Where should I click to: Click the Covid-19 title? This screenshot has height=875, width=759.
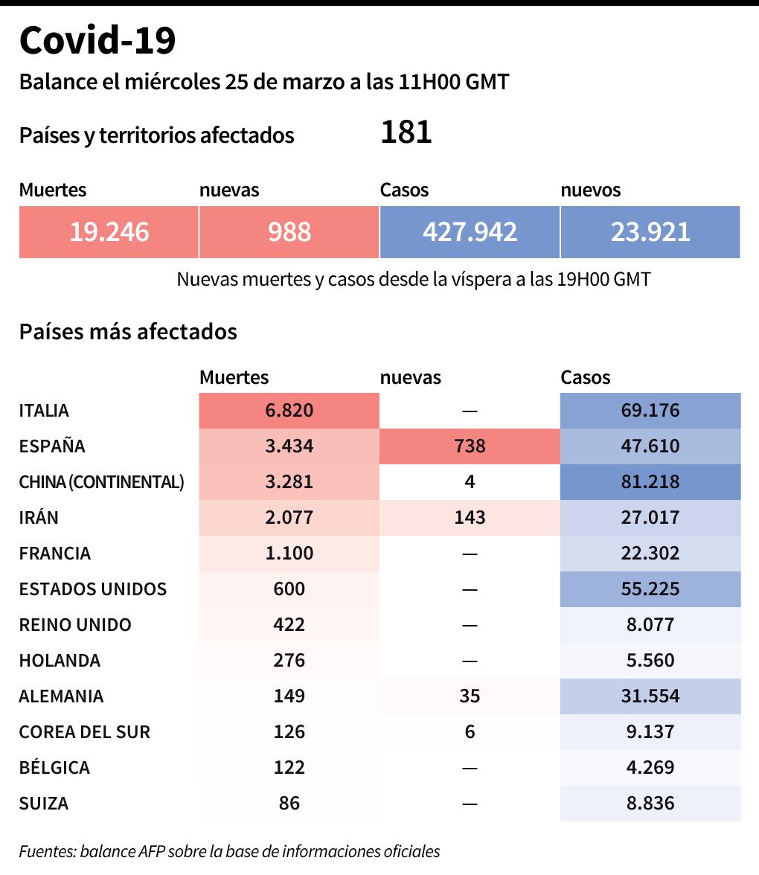tap(97, 41)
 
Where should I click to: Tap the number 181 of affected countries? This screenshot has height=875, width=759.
tap(406, 133)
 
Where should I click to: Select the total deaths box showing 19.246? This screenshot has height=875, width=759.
tap(109, 232)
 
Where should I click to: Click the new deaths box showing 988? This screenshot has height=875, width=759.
tap(289, 232)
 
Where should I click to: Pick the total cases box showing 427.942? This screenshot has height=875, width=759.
tap(470, 232)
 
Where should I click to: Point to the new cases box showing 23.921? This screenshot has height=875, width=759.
tap(650, 232)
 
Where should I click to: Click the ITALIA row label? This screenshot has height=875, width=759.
tap(44, 411)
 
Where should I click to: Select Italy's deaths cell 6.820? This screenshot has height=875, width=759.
tap(289, 411)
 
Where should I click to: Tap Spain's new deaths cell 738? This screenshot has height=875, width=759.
tap(470, 446)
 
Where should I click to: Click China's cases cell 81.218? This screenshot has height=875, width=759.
tap(650, 482)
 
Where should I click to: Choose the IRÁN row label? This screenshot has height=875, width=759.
tap(39, 518)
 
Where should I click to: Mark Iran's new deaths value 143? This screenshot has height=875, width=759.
tap(470, 518)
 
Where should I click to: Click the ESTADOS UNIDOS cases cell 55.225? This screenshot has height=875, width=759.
tap(650, 589)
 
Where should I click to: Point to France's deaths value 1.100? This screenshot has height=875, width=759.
tap(289, 554)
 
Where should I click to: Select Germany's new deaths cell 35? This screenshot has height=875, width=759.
tap(470, 696)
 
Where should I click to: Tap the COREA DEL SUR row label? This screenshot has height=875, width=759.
tap(85, 732)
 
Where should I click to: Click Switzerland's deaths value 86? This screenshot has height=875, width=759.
tap(289, 804)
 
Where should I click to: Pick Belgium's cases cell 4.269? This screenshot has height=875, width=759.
tap(650, 768)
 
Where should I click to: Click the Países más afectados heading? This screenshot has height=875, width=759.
tap(128, 331)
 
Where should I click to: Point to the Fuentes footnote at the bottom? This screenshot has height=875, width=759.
tap(230, 851)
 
